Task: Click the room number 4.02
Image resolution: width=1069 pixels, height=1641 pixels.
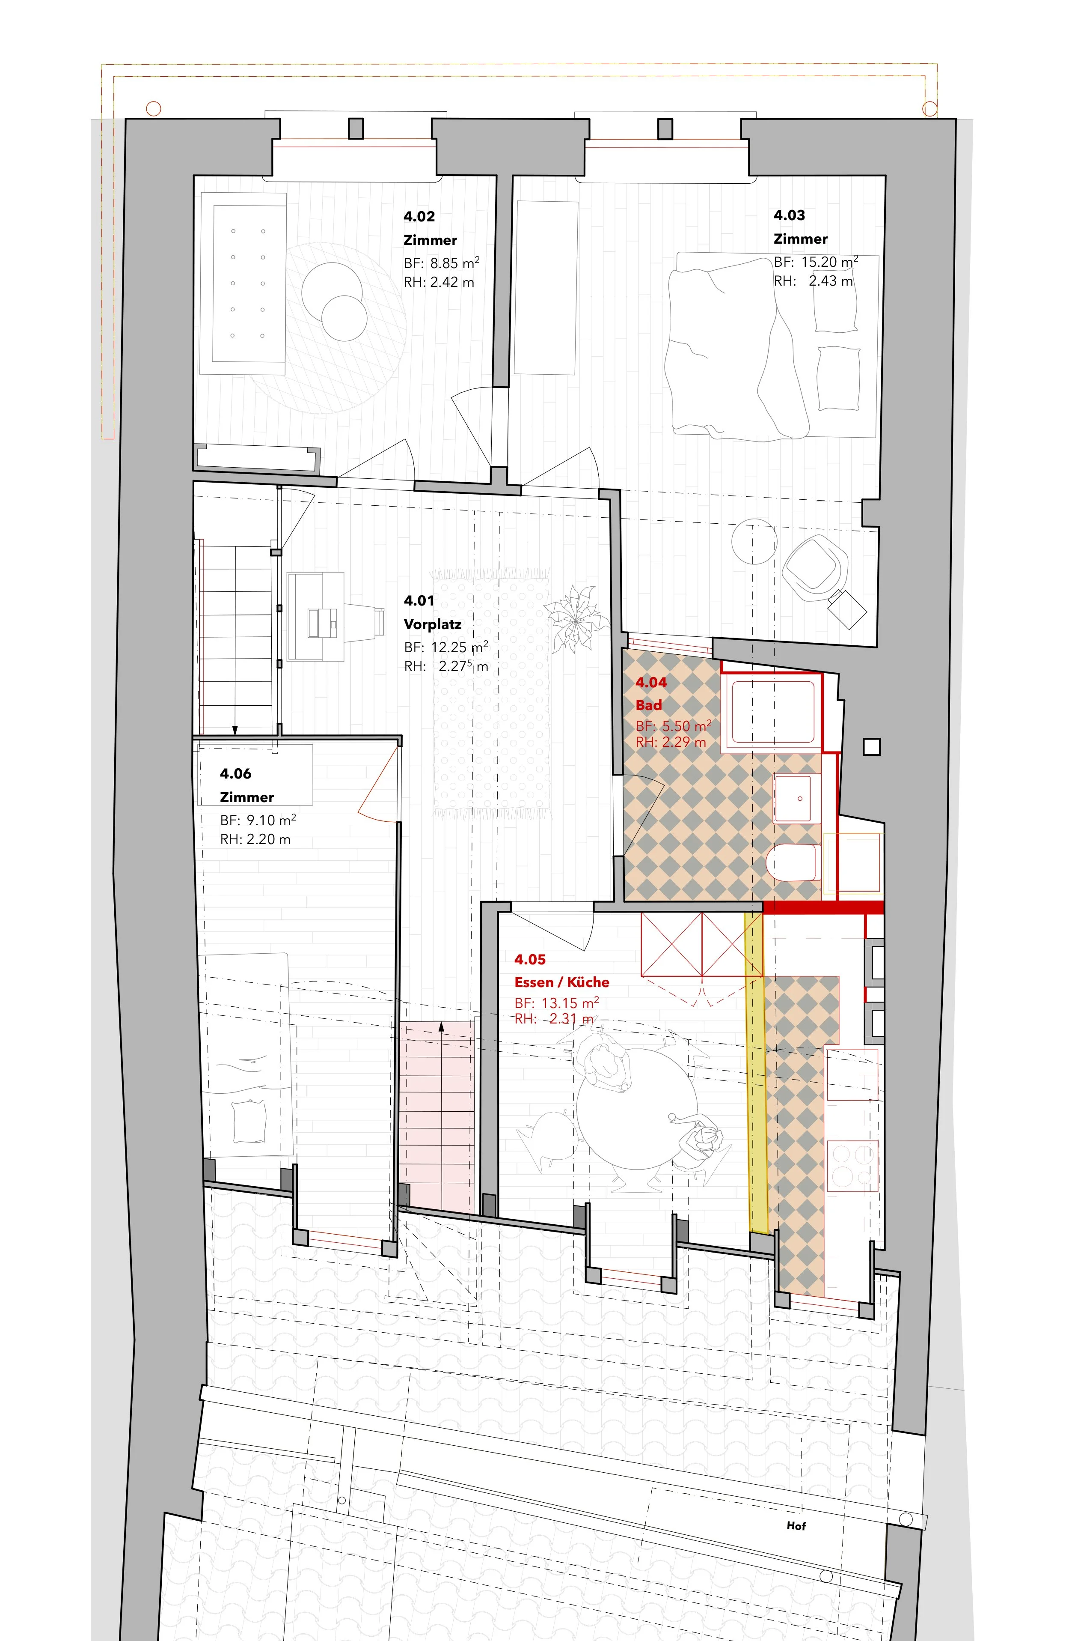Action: click(419, 217)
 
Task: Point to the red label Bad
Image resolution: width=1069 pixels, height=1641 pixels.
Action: click(649, 705)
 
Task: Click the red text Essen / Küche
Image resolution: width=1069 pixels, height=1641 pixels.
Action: click(562, 982)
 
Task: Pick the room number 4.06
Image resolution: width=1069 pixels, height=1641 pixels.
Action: click(236, 774)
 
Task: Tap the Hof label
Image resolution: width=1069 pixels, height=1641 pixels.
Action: click(796, 1526)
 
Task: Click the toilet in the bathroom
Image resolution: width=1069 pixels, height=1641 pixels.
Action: click(793, 862)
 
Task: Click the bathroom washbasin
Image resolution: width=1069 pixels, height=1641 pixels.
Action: click(797, 798)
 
